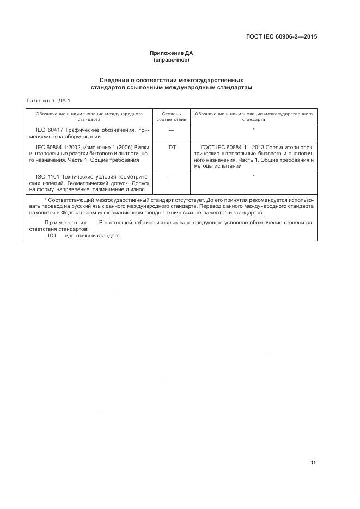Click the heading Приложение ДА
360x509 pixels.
pyautogui.click(x=172, y=53)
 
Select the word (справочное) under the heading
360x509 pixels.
pyautogui.click(x=172, y=59)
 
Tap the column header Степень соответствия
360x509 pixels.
pyautogui.click(x=171, y=116)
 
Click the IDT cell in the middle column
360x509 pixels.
pyautogui.click(x=171, y=148)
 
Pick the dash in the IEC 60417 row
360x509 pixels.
pyautogui.click(x=171, y=130)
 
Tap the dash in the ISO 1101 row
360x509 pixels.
pyautogui.click(x=171, y=176)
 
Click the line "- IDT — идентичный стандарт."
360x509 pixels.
pyautogui.click(x=82, y=236)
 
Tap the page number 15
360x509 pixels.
pyautogui.click(x=313, y=463)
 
